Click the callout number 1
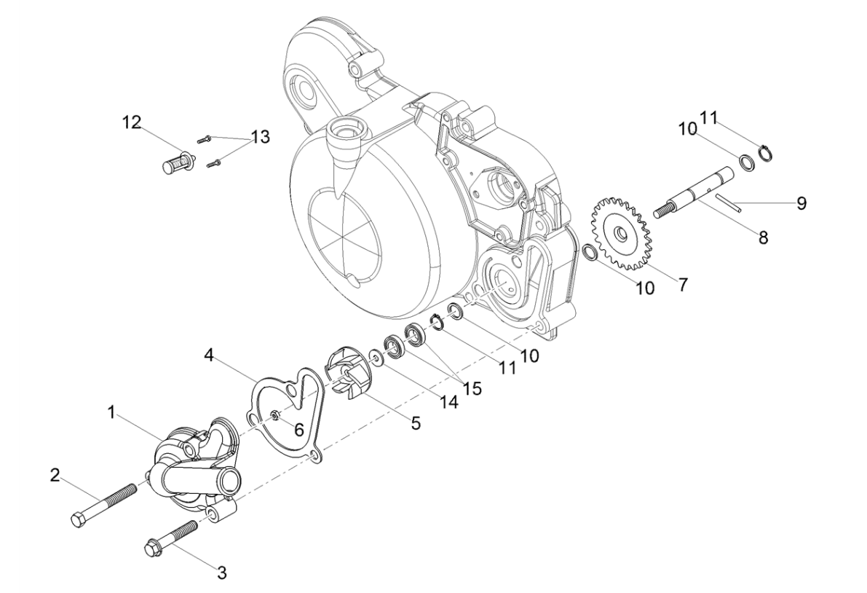coord(111,412)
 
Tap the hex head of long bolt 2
coord(77,520)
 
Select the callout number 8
coord(762,238)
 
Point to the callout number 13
coord(260,136)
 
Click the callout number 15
coord(473,388)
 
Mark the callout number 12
coord(132,121)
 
